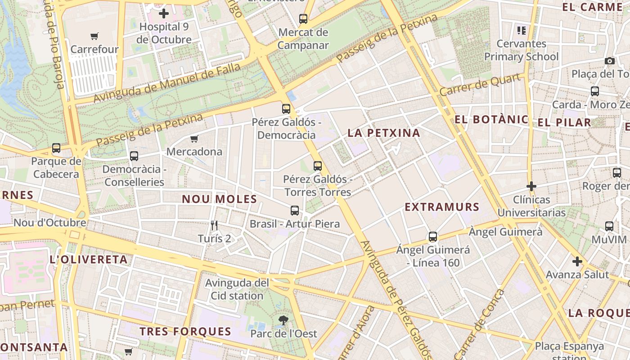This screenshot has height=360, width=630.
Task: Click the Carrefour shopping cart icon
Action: (x=94, y=36)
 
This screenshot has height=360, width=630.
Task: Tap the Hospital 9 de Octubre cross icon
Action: (x=164, y=13)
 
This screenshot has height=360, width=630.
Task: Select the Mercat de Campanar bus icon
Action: (x=303, y=19)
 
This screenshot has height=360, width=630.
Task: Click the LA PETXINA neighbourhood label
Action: (x=384, y=133)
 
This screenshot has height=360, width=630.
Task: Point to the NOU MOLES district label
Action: (x=219, y=199)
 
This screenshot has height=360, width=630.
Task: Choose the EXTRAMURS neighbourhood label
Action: (x=442, y=207)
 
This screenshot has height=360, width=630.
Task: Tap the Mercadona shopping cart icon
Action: (x=194, y=139)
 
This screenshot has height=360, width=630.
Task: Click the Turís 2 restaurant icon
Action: (x=214, y=225)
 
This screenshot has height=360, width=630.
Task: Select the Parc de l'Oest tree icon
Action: (x=283, y=320)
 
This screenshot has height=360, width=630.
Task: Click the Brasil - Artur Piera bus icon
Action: (x=295, y=210)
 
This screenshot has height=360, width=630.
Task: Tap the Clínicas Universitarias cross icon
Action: (x=531, y=186)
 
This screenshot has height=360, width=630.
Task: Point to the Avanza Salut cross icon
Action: (x=577, y=261)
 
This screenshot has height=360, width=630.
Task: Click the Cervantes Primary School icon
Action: (x=522, y=31)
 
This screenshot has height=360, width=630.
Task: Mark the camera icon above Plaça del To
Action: (x=610, y=61)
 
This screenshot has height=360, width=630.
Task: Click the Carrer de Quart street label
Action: (x=481, y=85)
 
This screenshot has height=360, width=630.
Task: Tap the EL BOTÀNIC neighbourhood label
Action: (x=491, y=119)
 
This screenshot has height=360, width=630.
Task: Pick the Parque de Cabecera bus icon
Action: (x=56, y=148)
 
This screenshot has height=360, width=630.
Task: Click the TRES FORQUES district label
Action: (x=185, y=332)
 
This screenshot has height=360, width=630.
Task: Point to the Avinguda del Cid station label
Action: (x=237, y=289)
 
